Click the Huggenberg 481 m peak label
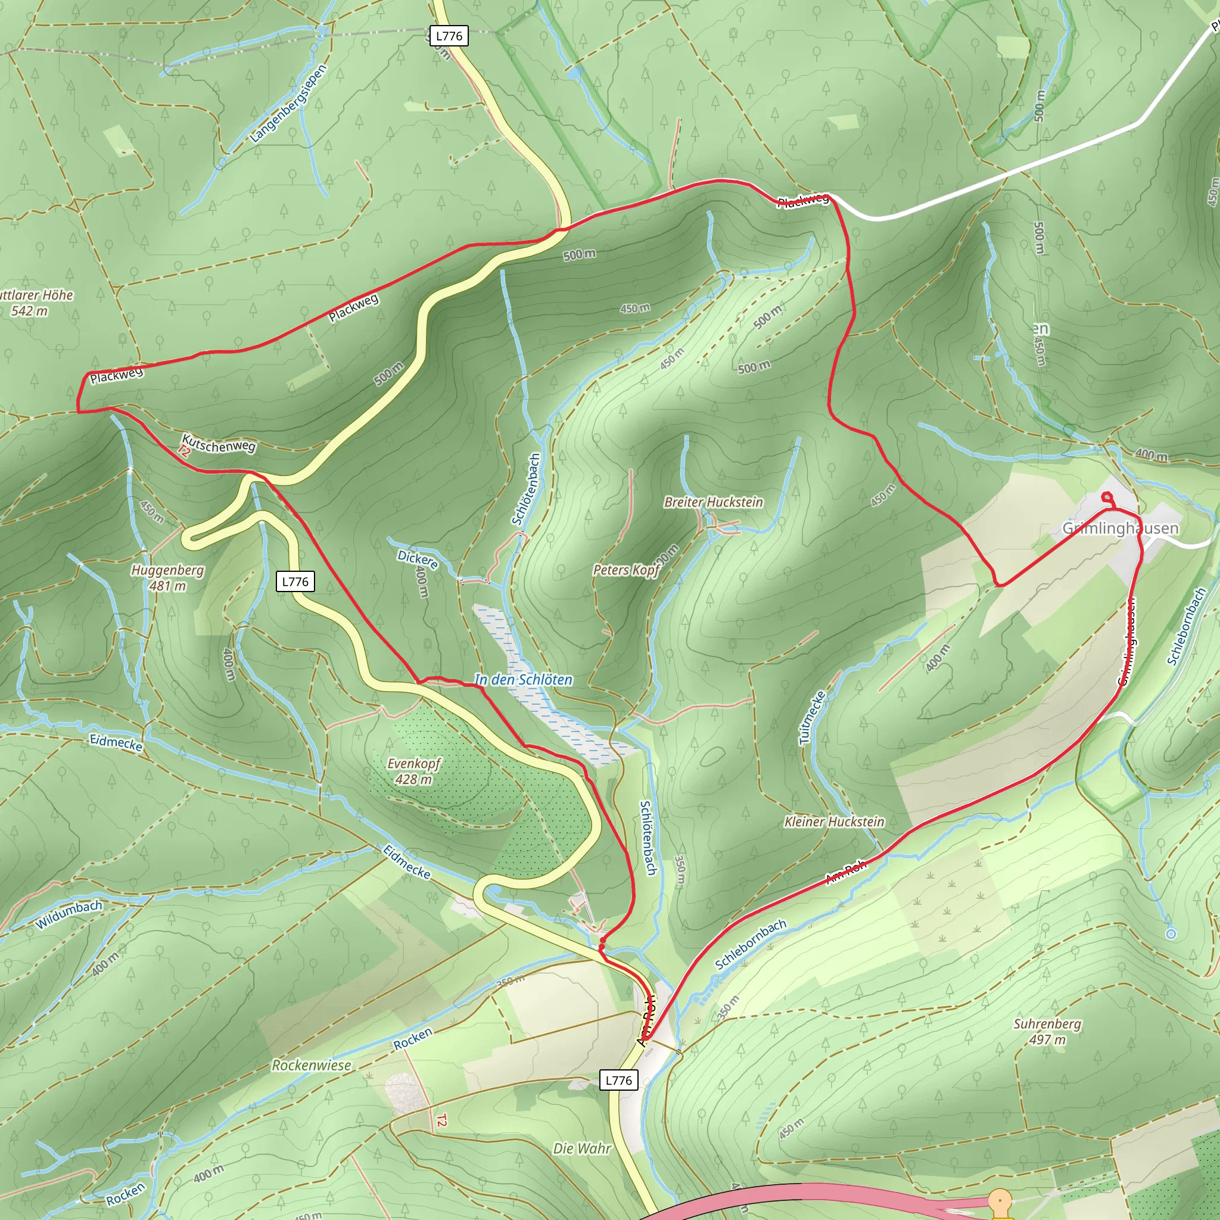coord(167,578)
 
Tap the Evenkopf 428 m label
coord(413,771)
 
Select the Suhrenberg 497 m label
coord(1047,1031)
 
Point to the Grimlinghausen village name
coord(1121,528)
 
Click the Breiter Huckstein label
coord(714,502)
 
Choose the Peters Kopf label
coord(627,569)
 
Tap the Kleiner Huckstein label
coord(834,821)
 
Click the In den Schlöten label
coord(524,680)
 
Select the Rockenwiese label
coord(312,1065)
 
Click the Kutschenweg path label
coord(219,444)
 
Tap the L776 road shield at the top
coord(449,36)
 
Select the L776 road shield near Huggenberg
coord(295,581)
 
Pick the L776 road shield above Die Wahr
coord(618,1080)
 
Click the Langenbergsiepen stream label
coord(288,103)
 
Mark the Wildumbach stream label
coord(69,915)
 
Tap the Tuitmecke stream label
coord(812,718)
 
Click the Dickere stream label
coord(418,559)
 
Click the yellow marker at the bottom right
coord(1000,1200)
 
